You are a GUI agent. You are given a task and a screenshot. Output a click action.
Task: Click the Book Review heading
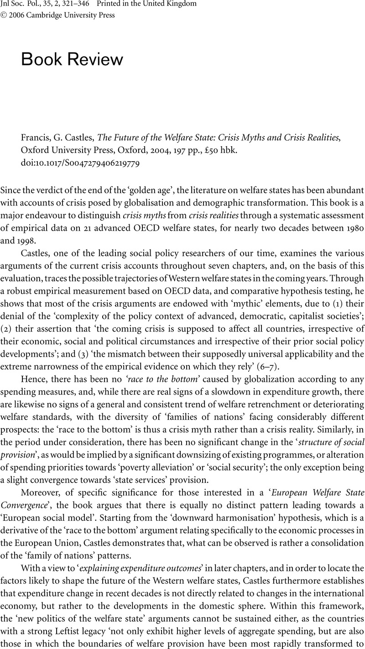tap(72, 59)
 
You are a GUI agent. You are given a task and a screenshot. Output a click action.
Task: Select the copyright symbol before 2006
tap(3, 15)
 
